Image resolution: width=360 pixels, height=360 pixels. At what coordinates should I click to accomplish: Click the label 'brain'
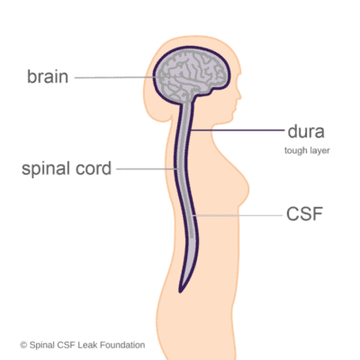[x=48, y=76]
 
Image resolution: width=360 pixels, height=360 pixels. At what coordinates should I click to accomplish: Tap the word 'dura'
[x=306, y=131]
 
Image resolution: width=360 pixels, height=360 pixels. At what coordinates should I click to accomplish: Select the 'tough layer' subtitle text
[x=307, y=150]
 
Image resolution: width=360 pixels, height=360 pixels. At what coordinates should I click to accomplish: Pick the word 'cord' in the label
[x=94, y=168]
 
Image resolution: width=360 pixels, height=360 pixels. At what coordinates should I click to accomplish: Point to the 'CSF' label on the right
[x=304, y=214]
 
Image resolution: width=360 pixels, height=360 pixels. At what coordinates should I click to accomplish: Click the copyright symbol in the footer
[x=23, y=346]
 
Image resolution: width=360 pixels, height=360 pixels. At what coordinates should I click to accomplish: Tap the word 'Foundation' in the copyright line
[x=122, y=345]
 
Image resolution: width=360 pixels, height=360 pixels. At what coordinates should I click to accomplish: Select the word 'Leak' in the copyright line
[x=87, y=345]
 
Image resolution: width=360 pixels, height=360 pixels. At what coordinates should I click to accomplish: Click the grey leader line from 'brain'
[x=117, y=77]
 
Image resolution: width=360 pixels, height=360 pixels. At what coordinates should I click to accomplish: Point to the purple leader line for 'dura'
[x=237, y=130]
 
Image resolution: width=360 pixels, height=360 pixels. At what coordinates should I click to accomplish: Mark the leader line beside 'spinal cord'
[x=147, y=169]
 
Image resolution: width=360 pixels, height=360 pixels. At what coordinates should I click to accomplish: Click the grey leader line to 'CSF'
[x=238, y=215]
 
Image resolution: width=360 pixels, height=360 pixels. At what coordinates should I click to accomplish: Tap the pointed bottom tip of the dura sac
[x=180, y=292]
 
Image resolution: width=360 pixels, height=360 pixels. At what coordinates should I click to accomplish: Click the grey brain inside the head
[x=191, y=76]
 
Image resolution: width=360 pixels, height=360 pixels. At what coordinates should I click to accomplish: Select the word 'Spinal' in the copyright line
[x=42, y=346]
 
